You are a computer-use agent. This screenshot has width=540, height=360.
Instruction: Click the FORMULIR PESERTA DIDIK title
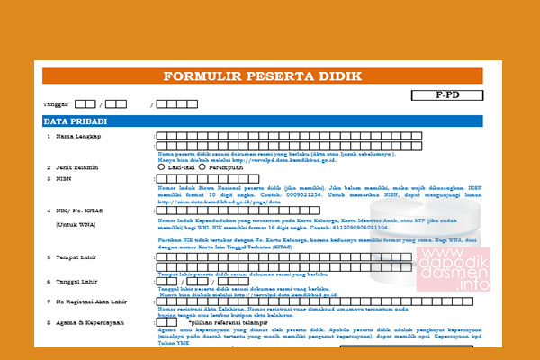click(267, 76)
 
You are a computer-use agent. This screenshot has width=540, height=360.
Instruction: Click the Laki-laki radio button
click(162, 166)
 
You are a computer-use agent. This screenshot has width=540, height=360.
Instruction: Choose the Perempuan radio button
click(203, 166)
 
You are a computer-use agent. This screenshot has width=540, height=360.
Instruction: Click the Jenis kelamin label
click(76, 166)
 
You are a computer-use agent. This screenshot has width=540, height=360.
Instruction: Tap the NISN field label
click(65, 179)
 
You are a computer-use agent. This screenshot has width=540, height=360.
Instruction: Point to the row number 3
click(49, 179)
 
